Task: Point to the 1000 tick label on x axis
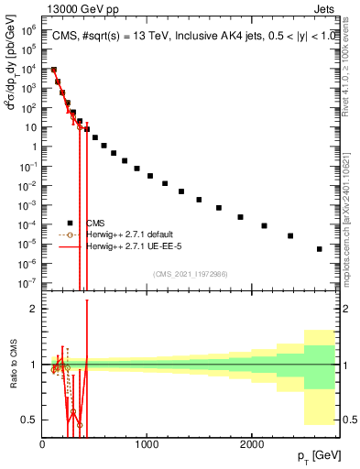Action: tap(147, 444)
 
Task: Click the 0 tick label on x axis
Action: tap(42, 444)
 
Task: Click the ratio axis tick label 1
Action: tap(32, 365)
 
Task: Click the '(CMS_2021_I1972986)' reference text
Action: tap(190, 273)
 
